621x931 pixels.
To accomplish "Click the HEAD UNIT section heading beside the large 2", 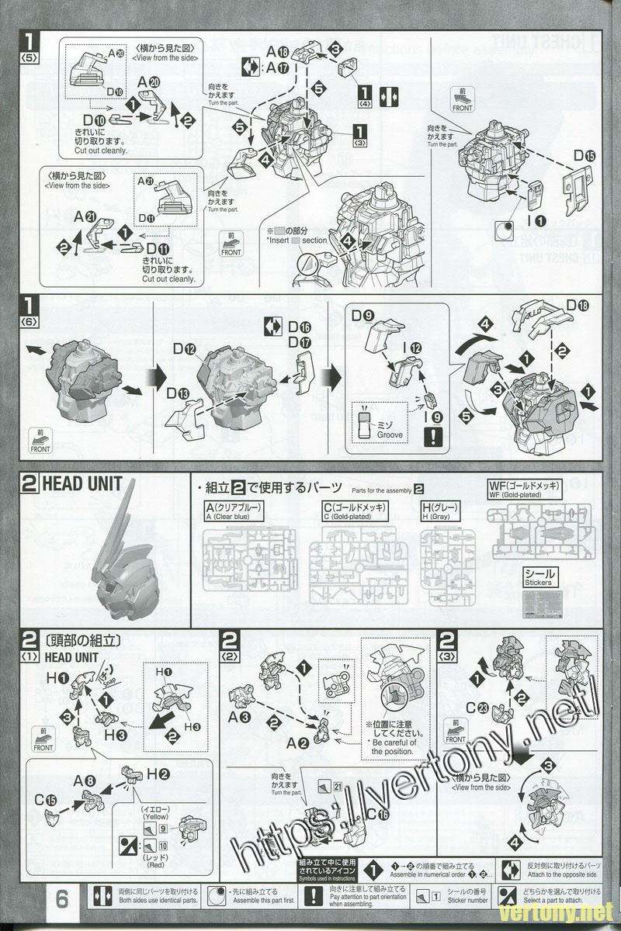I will click(x=82, y=484).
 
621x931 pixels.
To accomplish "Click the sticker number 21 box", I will click(x=337, y=787).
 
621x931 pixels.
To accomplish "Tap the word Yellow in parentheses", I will click(x=155, y=816).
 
